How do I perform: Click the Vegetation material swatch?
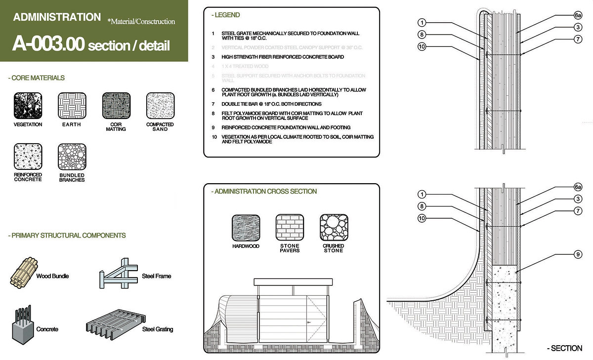[x=28, y=106]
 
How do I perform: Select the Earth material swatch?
[x=72, y=106]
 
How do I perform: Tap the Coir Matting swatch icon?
[x=116, y=106]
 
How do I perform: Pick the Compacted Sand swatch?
[x=160, y=106]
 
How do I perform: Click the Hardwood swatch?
[x=246, y=228]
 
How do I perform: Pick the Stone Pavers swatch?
[x=290, y=228]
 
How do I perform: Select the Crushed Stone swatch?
[x=334, y=228]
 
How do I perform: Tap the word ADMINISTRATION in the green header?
[x=57, y=17]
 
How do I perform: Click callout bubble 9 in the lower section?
[x=578, y=255]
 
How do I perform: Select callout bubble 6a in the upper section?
[x=578, y=15]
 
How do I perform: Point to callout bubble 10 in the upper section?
[x=421, y=47]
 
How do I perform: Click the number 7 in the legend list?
[x=213, y=104]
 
